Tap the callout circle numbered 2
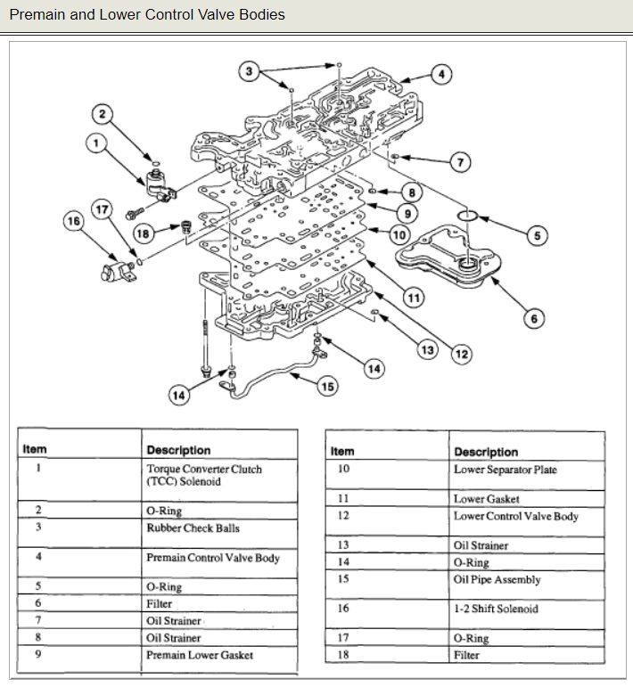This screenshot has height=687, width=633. [x=103, y=113]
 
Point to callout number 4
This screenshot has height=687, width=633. [x=441, y=74]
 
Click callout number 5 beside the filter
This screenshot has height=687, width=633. [x=536, y=235]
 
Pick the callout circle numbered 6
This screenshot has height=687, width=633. [x=533, y=317]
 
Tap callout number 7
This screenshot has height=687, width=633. [x=460, y=162]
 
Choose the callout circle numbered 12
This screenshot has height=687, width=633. [x=462, y=354]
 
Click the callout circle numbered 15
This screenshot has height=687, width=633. [x=329, y=386]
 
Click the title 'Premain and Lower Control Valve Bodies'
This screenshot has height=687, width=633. [x=147, y=15]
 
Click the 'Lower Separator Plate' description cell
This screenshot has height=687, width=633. [x=505, y=469]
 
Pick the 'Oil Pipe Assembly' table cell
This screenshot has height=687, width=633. [x=497, y=579]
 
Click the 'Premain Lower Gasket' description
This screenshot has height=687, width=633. [x=200, y=655]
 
